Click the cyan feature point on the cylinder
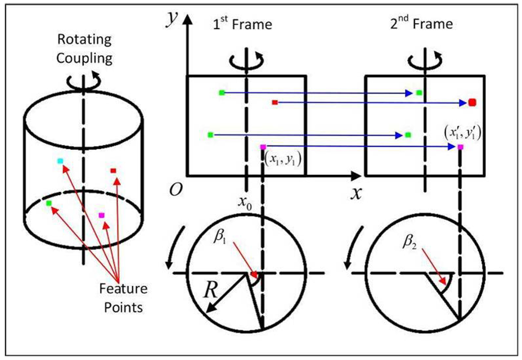60,161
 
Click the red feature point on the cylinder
113,170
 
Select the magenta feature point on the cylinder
101,215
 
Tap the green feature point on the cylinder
49,203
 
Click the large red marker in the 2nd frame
472,102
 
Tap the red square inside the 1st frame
274,102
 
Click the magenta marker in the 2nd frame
460,147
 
